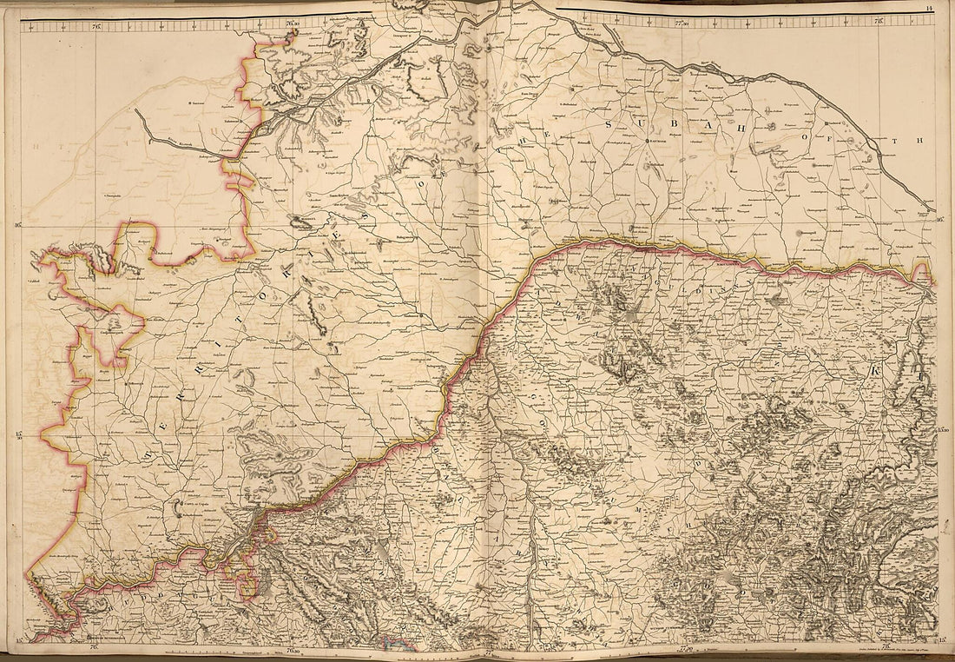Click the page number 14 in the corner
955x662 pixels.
pos(929,9)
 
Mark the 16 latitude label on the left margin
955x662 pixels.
pos(16,225)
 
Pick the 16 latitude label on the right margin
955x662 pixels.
pos(939,220)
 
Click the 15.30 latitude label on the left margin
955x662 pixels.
pos(17,435)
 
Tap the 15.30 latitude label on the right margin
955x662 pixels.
pos(942,429)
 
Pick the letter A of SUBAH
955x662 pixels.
pos(720,132)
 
